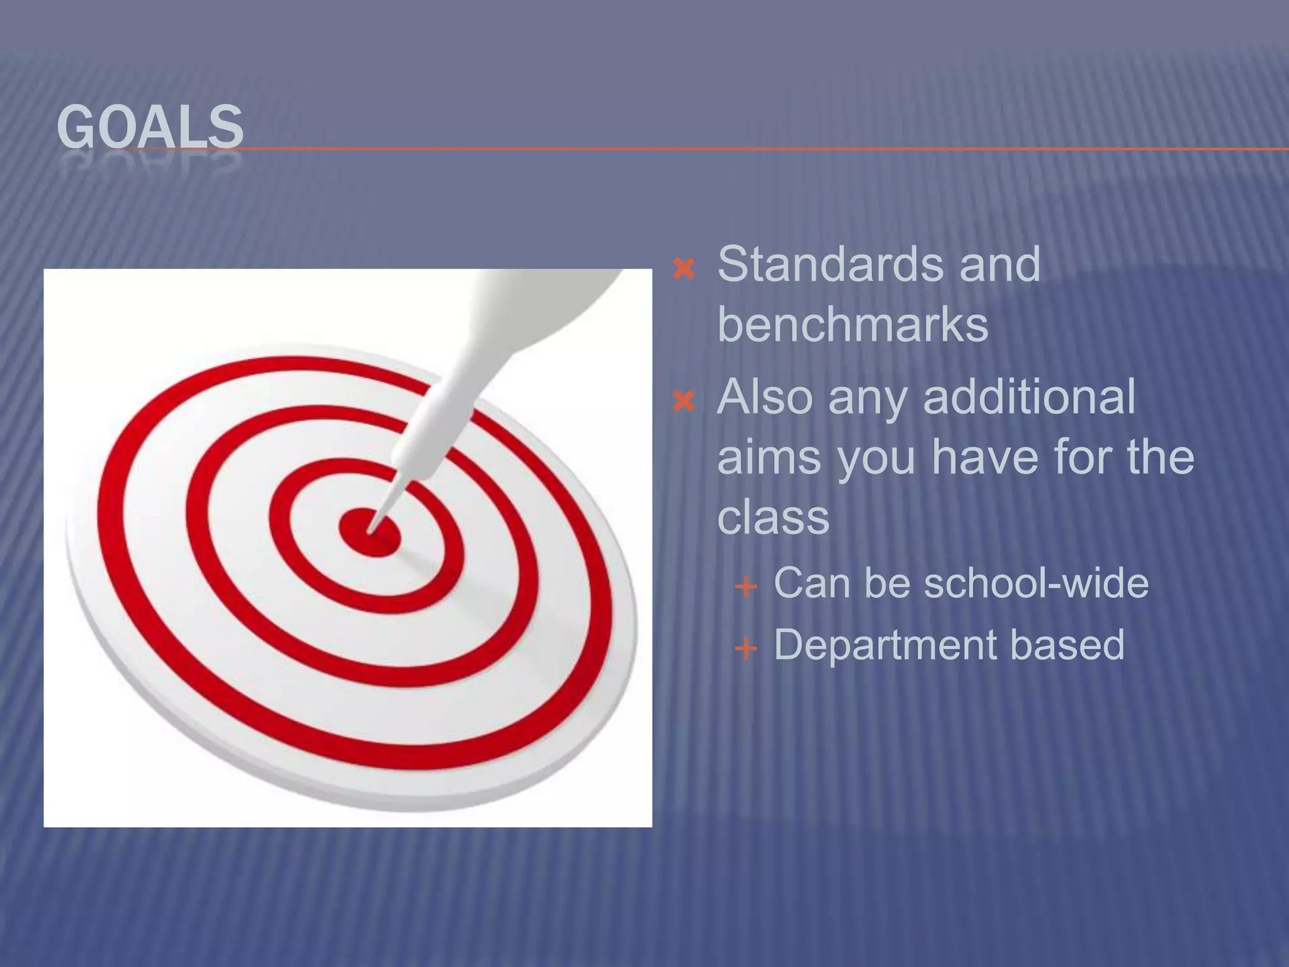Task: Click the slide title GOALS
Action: pyautogui.click(x=150, y=128)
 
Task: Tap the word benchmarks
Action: pyautogui.click(x=853, y=325)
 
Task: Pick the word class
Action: pyautogui.click(x=773, y=517)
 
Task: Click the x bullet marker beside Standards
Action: pyautogui.click(x=684, y=269)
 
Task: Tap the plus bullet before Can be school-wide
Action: pyautogui.click(x=746, y=587)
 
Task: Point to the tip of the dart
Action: pyautogui.click(x=370, y=531)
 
